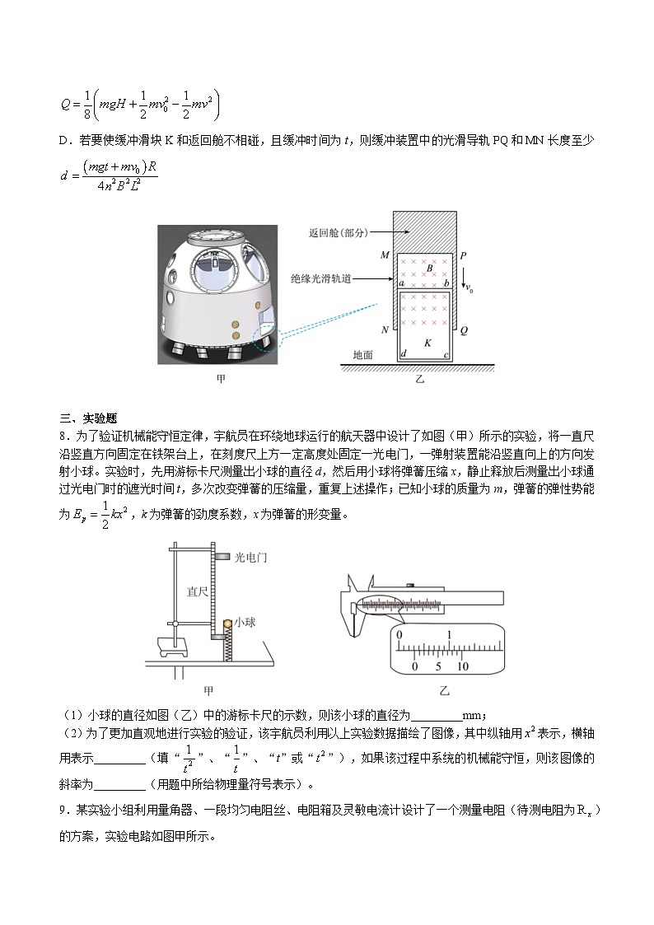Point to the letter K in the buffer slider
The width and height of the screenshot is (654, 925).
427,342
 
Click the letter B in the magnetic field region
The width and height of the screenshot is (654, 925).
429,269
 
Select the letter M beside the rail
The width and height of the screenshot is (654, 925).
385,255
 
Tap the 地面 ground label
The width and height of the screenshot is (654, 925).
362,355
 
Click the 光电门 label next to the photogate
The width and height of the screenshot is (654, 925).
250,558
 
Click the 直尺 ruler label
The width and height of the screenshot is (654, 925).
197,591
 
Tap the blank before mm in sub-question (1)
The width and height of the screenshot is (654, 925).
436,715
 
